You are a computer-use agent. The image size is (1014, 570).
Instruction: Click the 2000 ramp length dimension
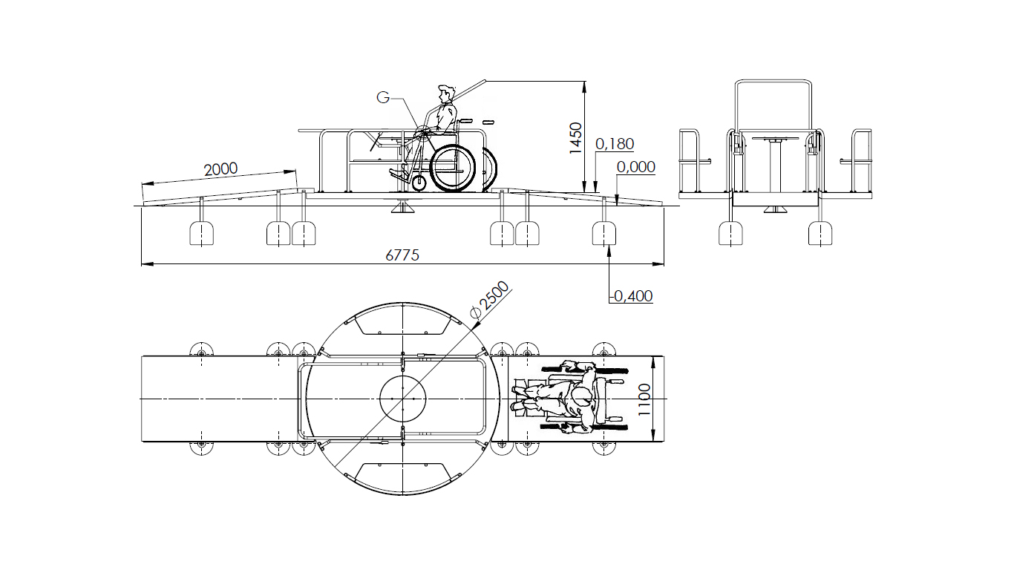pos(220,169)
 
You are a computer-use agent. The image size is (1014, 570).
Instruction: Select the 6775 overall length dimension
pos(402,255)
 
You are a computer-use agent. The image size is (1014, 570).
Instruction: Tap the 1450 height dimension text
pos(575,138)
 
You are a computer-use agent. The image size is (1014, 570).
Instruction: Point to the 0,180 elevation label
pos(615,144)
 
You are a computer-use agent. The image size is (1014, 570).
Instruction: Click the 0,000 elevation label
pos(635,167)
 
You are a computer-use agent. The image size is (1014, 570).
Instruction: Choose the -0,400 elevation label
pos(631,296)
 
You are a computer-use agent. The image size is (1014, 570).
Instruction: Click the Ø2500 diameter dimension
pos(490,301)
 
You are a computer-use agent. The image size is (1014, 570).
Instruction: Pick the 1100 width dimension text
pos(644,399)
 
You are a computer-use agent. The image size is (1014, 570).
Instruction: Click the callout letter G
pos(383,97)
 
